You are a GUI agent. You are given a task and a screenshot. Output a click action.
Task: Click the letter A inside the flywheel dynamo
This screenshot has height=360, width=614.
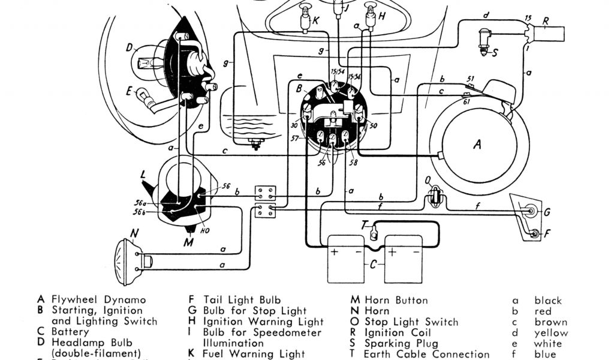pos(477,144)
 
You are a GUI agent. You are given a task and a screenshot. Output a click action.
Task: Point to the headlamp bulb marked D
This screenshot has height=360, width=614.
pos(146,62)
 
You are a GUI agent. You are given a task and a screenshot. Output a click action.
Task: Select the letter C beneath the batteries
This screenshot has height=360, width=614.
pos(373,264)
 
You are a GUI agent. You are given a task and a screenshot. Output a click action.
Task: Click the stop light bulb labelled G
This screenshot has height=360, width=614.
pos(530,211)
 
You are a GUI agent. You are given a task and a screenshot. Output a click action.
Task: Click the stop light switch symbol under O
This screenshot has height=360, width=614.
pos(433,197)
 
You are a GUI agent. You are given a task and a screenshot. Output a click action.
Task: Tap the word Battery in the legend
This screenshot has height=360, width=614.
pos(70,332)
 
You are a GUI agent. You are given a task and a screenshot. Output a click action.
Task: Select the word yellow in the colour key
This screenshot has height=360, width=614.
pos(551,333)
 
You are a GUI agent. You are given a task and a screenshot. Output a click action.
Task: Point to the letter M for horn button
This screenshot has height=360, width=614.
pos(189,242)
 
